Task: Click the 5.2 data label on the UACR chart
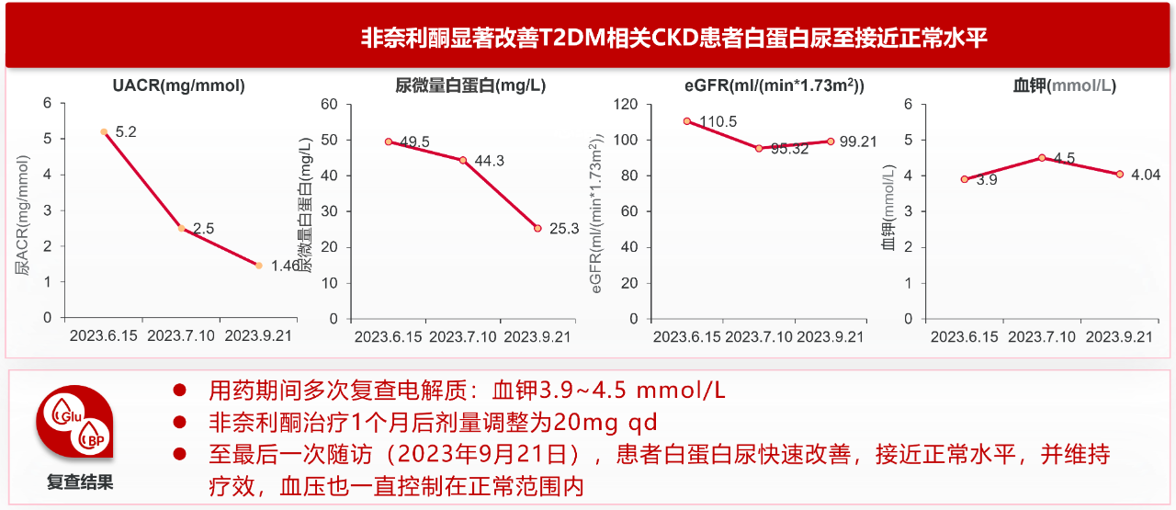(x=126, y=132)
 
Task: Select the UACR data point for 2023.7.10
(x=181, y=229)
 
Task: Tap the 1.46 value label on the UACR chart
(x=286, y=266)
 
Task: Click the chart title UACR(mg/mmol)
(x=179, y=86)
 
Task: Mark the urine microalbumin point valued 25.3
(x=537, y=229)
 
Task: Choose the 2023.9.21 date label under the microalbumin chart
(x=538, y=336)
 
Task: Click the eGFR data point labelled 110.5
(x=686, y=121)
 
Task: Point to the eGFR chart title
(x=774, y=86)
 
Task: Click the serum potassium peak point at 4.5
(x=1041, y=158)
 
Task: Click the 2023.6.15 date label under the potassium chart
(x=964, y=336)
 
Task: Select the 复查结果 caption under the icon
(x=80, y=482)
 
